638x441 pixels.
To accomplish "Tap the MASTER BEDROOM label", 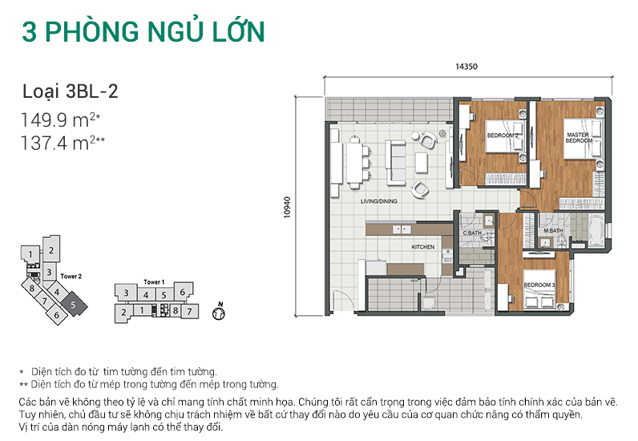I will pos(578,137).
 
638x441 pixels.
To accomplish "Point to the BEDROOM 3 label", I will pos(539,285).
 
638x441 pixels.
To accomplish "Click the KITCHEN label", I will pos(423,247).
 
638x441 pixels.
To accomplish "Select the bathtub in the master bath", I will pos(598,231).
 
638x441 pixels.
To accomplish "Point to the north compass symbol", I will pos(218,312).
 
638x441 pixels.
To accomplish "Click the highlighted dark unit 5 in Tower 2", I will pos(73,305).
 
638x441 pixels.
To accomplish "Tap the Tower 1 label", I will pos(154,282).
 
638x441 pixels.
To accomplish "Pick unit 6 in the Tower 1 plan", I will pos(182,293).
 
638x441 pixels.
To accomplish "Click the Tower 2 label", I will pos(72,276).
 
